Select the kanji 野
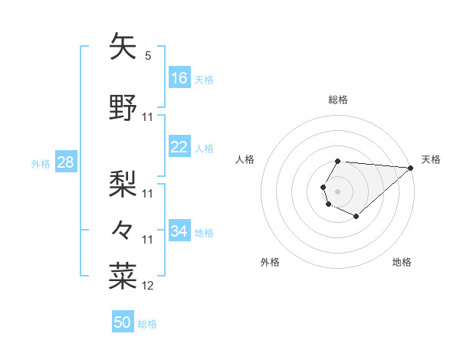(123, 108)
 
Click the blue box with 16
(179, 78)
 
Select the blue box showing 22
(179, 148)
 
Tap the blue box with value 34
(179, 231)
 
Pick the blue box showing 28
(64, 162)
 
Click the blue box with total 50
(123, 322)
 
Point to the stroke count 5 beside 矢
(148, 56)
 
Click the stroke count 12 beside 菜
(148, 286)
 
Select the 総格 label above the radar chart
(338, 100)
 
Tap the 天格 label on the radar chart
(432, 159)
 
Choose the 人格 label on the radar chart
(245, 159)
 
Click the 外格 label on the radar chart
(270, 262)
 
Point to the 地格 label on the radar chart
(402, 262)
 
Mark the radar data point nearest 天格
(411, 168)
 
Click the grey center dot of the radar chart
(337, 190)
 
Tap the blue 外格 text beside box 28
(40, 163)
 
